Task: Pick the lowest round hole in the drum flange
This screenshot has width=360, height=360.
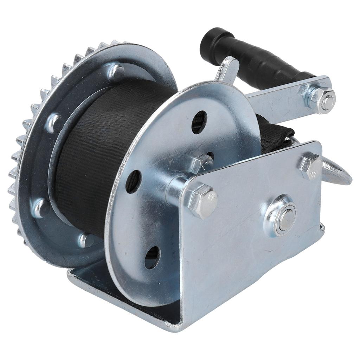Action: [x=152, y=257]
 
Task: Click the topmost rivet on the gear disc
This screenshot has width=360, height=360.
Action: [x=116, y=72]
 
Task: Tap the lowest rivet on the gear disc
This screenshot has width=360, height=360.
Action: [x=86, y=240]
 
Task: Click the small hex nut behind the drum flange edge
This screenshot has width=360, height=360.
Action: [x=202, y=162]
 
